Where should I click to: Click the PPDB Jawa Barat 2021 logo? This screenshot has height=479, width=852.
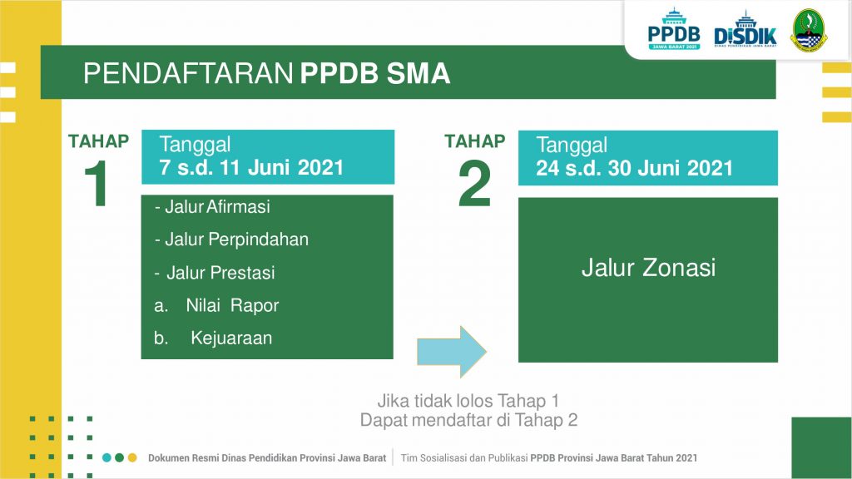pos(674,29)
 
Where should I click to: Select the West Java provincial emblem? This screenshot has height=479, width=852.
pos(809,30)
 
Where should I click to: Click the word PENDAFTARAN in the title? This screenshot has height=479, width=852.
pos(188,73)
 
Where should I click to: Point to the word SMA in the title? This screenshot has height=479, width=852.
pos(419,73)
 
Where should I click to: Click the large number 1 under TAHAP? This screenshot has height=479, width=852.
pos(97,184)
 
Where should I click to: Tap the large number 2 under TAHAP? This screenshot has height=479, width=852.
pos(474,184)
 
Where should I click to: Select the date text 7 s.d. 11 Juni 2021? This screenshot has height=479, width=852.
pos(251,167)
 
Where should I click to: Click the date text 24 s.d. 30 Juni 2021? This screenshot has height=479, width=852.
pos(634,168)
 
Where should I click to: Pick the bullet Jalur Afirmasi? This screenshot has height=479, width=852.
pos(212,207)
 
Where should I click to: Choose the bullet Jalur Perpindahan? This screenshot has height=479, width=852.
pos(231,239)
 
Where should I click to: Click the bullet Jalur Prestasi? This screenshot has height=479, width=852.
pos(215,273)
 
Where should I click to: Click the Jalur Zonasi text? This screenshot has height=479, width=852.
pos(648,268)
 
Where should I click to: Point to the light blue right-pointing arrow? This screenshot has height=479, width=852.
pos(452,352)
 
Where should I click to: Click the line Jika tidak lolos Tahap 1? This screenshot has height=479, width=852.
pos(468,401)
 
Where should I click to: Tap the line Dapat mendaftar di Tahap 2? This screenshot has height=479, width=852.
pos(468,420)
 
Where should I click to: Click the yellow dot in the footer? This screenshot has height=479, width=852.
pos(132,458)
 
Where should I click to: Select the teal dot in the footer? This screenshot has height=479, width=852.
pos(106,458)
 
